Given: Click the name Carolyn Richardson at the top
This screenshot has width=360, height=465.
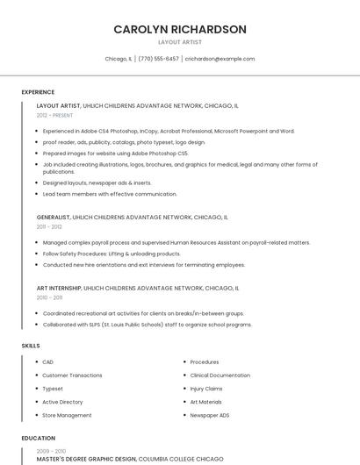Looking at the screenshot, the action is coord(180,29).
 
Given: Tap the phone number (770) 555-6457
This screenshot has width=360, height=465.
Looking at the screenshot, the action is coord(158,59).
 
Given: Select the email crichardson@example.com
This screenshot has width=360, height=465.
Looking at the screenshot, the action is coord(220,59).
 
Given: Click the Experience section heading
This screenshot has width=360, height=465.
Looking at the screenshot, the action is coord(38,91).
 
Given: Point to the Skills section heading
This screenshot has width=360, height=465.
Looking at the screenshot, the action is coord(31,346).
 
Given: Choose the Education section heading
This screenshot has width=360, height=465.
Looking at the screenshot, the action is coord(38,438).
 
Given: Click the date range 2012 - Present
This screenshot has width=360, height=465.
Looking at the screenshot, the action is coord(54,115).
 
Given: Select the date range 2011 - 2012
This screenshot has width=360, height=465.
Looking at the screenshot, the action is coord(49,226).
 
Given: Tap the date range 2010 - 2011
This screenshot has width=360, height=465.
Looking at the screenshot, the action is coord(49,297).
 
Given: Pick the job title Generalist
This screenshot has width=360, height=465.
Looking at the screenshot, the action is coord(54,217).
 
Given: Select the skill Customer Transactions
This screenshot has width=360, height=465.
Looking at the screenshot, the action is coord(72,376).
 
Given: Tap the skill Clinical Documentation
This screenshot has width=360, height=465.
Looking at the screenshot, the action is coord(220,376).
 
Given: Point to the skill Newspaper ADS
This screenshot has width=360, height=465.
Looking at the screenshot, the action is coord(210,415).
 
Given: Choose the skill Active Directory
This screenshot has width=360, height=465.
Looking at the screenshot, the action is coord(62,402).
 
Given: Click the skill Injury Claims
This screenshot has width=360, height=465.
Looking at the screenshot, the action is coord(206,389).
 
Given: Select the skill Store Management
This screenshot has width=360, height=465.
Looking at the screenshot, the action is coord(67,415).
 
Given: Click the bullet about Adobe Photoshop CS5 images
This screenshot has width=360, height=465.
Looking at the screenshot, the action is coord(115,153).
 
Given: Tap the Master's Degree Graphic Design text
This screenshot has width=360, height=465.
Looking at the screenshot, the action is coord(86,458).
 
